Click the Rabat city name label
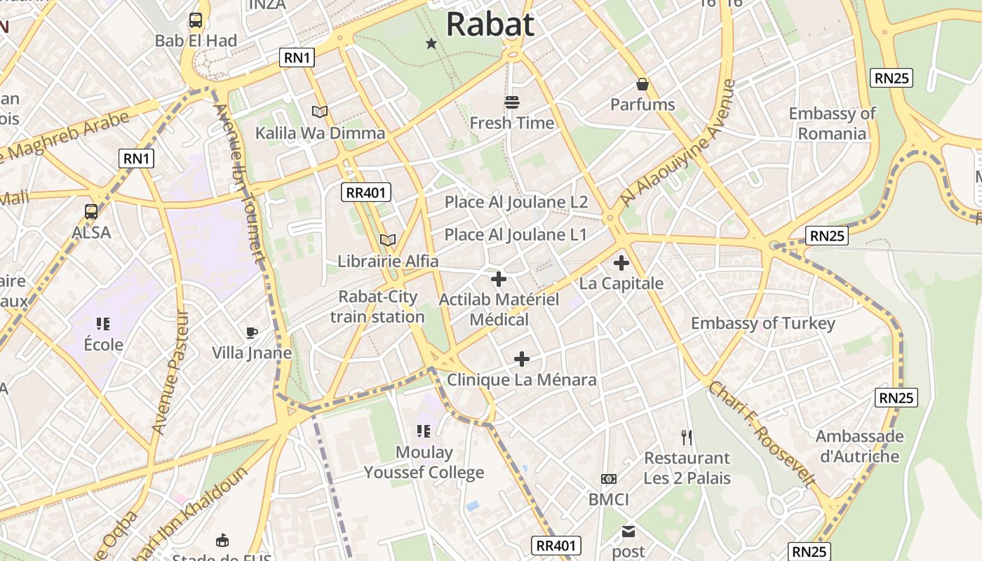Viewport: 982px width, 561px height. pos(490,24)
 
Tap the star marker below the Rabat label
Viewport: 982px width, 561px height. pos(431,44)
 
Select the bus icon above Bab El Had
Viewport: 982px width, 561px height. pos(196,20)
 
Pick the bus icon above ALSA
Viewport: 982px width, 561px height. pos(91,211)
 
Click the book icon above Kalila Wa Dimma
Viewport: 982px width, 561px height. pos(320,111)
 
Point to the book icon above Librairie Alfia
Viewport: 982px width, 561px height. pos(387,240)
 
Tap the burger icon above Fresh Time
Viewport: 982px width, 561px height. pos(512,102)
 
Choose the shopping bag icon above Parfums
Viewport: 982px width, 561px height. pos(642,85)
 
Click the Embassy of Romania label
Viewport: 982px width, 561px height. pos(832,123)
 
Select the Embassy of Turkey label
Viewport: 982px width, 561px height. pos(762,323)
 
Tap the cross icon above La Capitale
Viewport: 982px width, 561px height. pos(621,264)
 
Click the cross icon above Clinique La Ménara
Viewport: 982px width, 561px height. pos(521,359)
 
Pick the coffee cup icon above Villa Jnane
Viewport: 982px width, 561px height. pos(252,332)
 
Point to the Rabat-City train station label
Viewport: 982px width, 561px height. pos(377,306)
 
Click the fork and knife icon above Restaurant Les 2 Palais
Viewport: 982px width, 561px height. pos(687,438)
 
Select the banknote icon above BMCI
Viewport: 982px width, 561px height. pos(608,479)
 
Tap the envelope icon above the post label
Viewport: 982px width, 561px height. pos(628,532)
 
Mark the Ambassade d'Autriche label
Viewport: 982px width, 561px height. pos(859,446)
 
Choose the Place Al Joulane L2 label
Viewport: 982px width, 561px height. pos(516,202)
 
